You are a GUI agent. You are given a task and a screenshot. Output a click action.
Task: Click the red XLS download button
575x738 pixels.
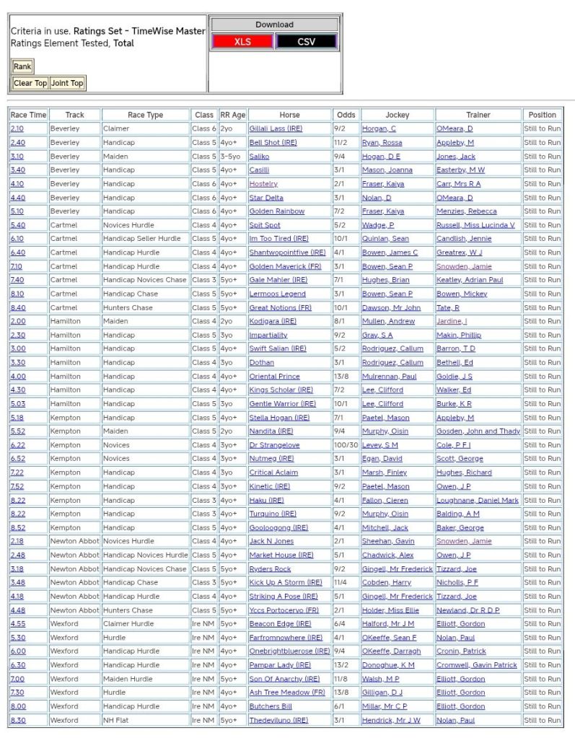click(x=242, y=42)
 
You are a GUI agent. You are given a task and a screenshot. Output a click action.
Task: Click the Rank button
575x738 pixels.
click(x=22, y=67)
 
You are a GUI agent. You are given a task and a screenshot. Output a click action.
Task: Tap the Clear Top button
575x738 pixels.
click(x=30, y=83)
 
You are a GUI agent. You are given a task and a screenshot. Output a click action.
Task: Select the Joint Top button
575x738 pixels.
click(x=67, y=83)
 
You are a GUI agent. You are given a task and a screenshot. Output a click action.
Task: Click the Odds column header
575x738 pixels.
click(x=346, y=115)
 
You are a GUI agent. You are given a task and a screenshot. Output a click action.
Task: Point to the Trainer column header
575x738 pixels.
click(x=478, y=115)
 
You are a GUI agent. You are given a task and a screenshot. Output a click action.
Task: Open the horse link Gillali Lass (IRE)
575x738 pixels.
click(x=276, y=128)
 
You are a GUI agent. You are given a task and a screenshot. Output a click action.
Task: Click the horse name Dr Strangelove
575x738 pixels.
click(x=274, y=445)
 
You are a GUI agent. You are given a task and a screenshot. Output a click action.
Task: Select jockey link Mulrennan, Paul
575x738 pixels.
click(x=389, y=377)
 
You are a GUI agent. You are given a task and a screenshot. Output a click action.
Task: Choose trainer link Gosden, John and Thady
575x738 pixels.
click(x=478, y=431)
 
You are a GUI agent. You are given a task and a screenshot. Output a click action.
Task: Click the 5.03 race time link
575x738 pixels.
click(x=17, y=404)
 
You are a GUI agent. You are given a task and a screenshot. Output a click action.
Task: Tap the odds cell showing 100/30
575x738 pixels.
click(x=346, y=445)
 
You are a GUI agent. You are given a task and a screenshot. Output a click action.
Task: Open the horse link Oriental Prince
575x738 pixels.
click(x=274, y=377)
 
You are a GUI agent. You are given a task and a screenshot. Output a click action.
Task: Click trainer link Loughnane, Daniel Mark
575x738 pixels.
click(x=478, y=500)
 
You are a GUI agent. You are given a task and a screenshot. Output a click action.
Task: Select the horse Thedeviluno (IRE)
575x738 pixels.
click(x=278, y=720)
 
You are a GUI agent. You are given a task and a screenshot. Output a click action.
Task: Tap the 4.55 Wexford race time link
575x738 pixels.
click(x=17, y=624)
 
